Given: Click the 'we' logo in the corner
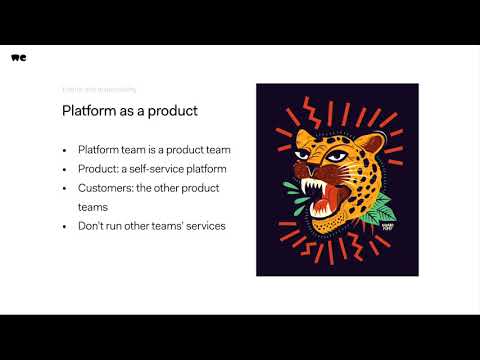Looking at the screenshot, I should click(19, 57).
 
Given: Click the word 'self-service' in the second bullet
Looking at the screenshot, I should click(161, 168).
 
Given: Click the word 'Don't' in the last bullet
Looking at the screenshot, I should click(91, 226).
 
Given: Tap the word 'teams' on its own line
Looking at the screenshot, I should click(93, 206).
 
